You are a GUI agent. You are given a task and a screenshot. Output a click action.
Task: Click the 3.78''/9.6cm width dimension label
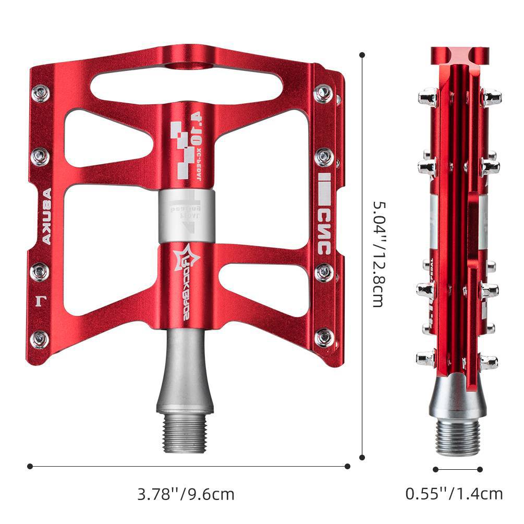click(x=186, y=493)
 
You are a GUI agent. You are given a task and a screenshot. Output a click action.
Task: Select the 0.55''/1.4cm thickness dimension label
click(x=454, y=493)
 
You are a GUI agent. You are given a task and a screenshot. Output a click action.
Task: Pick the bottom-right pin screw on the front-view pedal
click(x=324, y=337)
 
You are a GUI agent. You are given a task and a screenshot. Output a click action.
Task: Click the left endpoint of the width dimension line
click(x=30, y=466)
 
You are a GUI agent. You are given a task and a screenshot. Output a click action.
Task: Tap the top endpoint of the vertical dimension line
click(x=363, y=54)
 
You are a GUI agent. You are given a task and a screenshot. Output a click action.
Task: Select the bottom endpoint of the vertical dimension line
click(x=363, y=457)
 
